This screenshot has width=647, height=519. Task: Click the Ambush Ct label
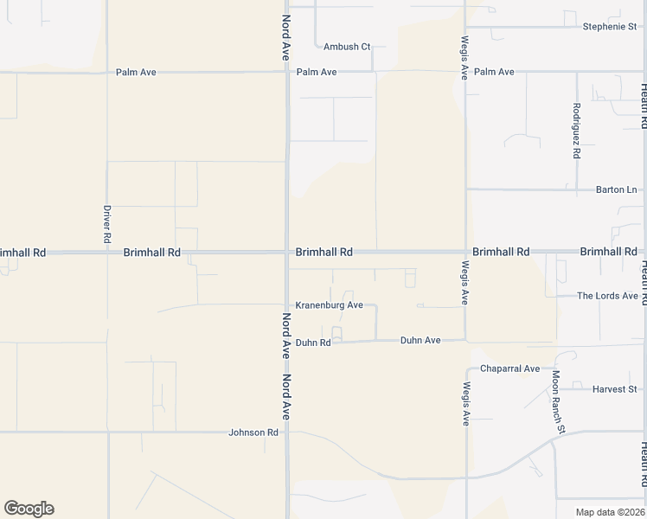click(347, 47)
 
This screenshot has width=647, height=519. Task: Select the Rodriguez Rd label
click(576, 131)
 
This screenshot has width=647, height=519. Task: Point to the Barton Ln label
click(616, 189)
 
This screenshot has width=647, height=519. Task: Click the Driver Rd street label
click(107, 223)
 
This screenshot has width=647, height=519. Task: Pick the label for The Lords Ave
click(607, 296)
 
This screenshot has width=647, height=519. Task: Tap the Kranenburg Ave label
click(329, 305)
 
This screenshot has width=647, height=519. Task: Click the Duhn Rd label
click(313, 343)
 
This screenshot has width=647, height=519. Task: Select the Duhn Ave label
click(420, 341)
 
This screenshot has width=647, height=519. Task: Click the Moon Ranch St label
click(559, 402)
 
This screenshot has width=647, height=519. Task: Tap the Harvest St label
click(614, 389)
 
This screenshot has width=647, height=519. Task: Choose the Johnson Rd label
click(253, 432)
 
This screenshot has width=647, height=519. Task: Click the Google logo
click(29, 509)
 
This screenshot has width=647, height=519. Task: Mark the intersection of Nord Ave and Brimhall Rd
click(287, 253)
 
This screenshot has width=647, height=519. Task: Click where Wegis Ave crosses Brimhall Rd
click(465, 253)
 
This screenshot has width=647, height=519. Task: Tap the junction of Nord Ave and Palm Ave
click(287, 73)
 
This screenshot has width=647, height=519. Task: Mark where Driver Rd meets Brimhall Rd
click(107, 253)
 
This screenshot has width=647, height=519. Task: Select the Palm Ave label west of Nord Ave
click(136, 73)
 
